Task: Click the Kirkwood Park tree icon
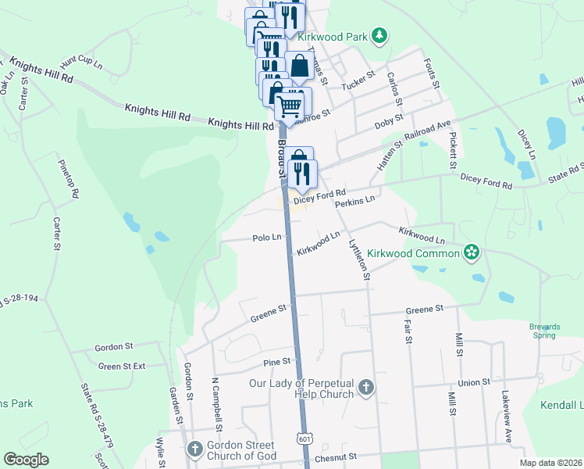tap(379, 35)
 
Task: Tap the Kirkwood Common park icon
tap(471, 252)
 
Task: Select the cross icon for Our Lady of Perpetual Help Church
tap(365, 387)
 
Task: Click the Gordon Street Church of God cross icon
tap(195, 449)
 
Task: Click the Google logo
tap(26, 460)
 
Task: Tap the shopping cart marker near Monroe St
tap(289, 104)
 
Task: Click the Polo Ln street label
tap(266, 238)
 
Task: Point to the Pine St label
tap(276, 362)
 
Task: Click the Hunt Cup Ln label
tap(81, 61)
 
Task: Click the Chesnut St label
tap(337, 456)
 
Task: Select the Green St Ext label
tap(122, 366)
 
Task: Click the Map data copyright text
tap(550, 463)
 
